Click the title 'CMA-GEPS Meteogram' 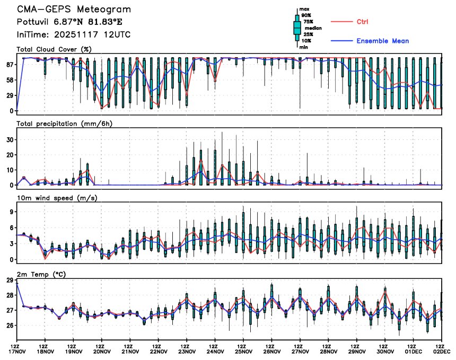(74, 10)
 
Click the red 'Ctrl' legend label (362, 22)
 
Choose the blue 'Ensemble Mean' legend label (382, 41)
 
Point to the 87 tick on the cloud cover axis (10, 65)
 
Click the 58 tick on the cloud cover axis (10, 80)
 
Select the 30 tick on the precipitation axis (10, 139)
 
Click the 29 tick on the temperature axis (10, 280)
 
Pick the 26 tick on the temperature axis (10, 325)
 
